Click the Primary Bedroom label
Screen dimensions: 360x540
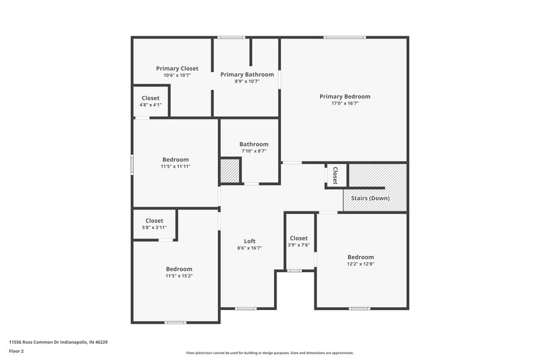pyautogui.click(x=344, y=97)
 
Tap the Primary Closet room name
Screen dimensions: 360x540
pyautogui.click(x=177, y=68)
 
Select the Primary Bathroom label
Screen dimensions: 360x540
pyautogui.click(x=246, y=74)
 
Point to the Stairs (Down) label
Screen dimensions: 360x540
pyautogui.click(x=369, y=198)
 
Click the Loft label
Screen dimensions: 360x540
pyautogui.click(x=249, y=241)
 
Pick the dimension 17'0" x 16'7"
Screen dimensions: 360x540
pyautogui.click(x=344, y=103)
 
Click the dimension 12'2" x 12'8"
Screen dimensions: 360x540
pyautogui.click(x=360, y=264)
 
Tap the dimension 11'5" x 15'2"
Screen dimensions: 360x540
pyautogui.click(x=179, y=276)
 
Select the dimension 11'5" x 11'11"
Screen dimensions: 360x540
pyautogui.click(x=175, y=166)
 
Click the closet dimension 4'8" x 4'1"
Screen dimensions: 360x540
pyautogui.click(x=151, y=105)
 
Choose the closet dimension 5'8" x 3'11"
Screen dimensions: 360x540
pyautogui.click(x=154, y=228)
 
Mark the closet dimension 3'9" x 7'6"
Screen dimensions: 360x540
pyautogui.click(x=299, y=245)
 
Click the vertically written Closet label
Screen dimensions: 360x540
pyautogui.click(x=335, y=175)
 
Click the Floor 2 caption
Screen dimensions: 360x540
pyautogui.click(x=16, y=352)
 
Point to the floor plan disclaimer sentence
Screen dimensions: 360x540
pyautogui.click(x=269, y=353)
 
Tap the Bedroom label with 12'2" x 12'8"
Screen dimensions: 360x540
pyautogui.click(x=360, y=257)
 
